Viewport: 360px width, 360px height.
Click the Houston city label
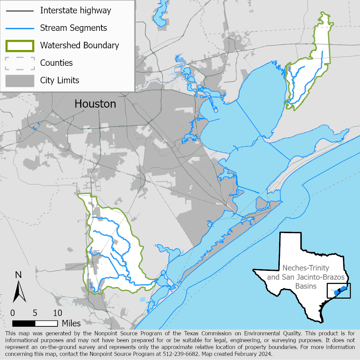(95, 104)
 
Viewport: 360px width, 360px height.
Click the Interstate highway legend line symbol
(20, 11)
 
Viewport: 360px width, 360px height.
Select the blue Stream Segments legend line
(20, 28)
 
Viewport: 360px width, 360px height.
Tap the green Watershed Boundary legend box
(20, 46)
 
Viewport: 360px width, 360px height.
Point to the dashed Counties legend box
(20, 63)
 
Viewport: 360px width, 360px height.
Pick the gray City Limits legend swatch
(20, 81)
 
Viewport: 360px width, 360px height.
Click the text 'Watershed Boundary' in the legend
(80, 45)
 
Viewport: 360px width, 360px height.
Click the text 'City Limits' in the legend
(60, 81)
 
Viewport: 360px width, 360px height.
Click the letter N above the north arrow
(19, 275)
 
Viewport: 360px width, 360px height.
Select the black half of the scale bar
(24, 323)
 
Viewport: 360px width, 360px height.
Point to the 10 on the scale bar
(58, 313)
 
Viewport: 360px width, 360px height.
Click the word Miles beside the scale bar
(71, 323)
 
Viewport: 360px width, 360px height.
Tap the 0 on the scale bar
(12, 313)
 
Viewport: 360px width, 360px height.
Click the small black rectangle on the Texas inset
(339, 291)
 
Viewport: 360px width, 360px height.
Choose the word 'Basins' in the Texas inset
(306, 286)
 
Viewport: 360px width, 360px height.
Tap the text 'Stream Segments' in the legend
(74, 28)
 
